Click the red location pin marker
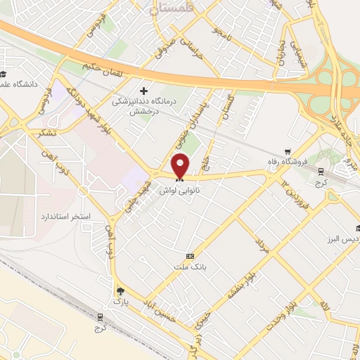coord(181,165)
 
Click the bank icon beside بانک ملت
coord(190,256)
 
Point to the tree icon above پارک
coord(120,290)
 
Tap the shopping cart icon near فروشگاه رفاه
coord(287,151)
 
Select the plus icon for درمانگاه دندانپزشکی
coord(144,91)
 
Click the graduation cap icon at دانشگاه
coord(4,74)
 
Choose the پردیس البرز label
coord(342,238)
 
